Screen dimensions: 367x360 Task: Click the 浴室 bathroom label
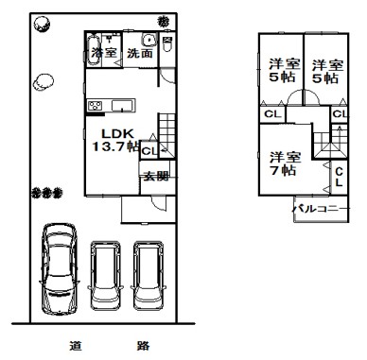coord(104,52)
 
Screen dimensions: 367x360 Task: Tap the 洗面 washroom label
coord(140,53)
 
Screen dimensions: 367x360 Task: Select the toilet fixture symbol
coord(167,43)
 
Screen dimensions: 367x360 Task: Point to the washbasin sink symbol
coord(149,40)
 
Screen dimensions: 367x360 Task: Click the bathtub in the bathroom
coord(94,50)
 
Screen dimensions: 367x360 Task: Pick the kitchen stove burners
coord(95,106)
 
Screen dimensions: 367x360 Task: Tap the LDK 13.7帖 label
coord(116,140)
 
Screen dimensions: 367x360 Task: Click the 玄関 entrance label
coord(156,177)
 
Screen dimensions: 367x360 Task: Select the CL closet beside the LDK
coord(149,151)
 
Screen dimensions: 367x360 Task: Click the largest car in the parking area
coord(60,269)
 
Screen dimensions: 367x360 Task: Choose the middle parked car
coord(106,276)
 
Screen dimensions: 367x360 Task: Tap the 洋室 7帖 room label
coord(285,163)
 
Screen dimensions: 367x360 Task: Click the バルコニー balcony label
coord(321,209)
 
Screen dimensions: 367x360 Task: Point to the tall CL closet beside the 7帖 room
coord(339,177)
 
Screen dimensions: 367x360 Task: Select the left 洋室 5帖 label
coord(284,71)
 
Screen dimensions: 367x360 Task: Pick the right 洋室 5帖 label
coord(327,72)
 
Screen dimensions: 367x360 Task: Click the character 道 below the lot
coord(76,346)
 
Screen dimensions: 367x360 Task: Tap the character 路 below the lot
coord(143,346)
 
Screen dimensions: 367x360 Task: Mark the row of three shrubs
coord(47,193)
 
